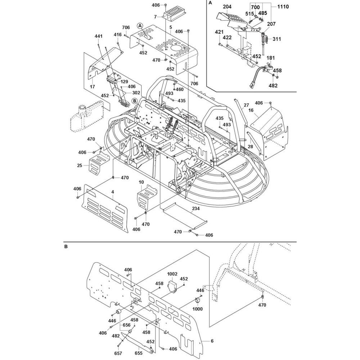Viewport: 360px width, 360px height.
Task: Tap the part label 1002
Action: (x=172, y=274)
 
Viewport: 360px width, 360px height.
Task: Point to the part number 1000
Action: (x=198, y=309)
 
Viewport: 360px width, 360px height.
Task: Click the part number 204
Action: (x=228, y=7)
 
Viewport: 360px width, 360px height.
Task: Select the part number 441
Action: (x=99, y=36)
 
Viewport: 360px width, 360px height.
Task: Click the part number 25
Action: (x=80, y=165)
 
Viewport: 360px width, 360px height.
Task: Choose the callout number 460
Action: (x=179, y=89)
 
